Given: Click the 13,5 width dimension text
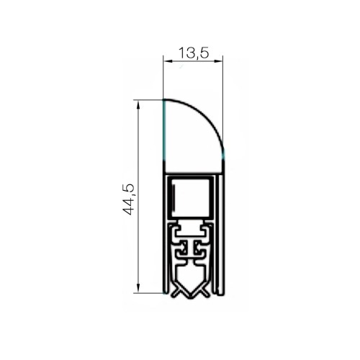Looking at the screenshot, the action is click(194, 53).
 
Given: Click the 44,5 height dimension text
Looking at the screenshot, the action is click(127, 199).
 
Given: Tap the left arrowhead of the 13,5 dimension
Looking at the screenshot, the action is click(168, 61).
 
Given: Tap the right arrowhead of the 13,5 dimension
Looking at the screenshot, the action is click(218, 61).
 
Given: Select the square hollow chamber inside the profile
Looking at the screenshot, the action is click(191, 198).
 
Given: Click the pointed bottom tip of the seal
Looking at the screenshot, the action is click(191, 297).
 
